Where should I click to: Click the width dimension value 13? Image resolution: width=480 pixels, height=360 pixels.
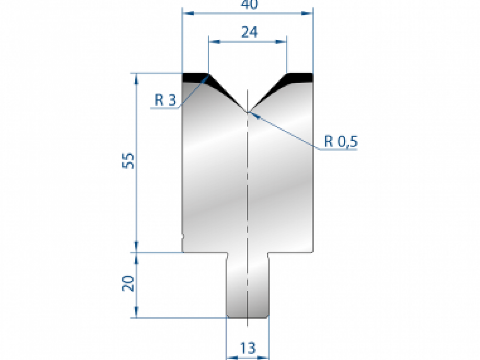pos(248,348)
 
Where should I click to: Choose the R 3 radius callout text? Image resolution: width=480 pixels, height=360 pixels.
pos(165,100)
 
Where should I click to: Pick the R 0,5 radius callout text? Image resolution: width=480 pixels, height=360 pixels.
pos(341,142)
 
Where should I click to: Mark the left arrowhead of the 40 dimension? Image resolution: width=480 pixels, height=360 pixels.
pos(188,14)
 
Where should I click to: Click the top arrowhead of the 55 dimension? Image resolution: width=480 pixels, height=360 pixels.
pos(137,78)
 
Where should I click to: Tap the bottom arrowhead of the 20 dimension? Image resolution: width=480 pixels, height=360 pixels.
pos(137,313)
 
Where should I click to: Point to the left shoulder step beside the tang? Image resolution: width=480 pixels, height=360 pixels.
pos(227,253)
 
